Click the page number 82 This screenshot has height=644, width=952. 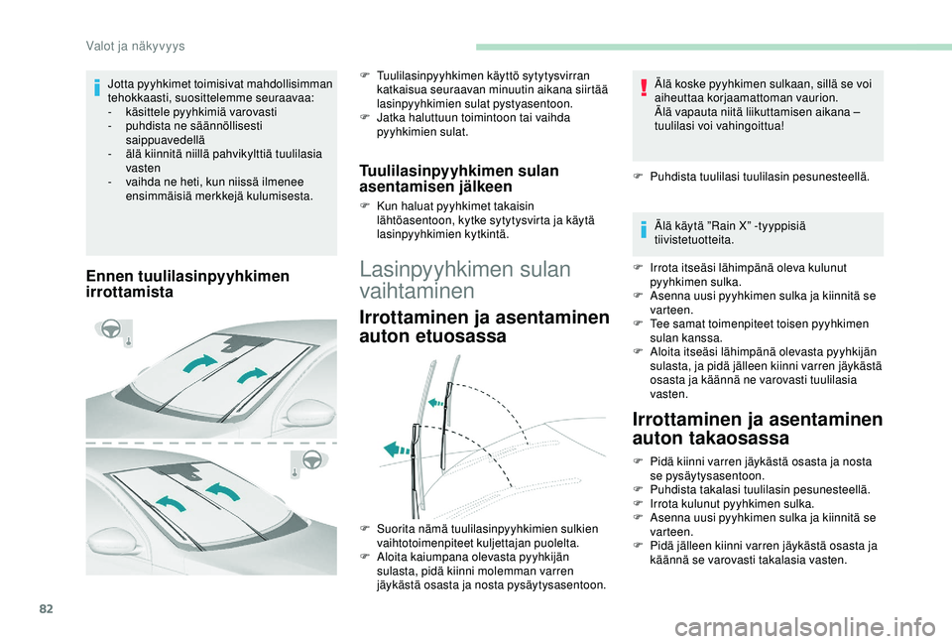[x=47, y=608]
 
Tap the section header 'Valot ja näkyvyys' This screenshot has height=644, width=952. [x=136, y=47]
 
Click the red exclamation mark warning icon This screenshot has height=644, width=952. [x=644, y=88]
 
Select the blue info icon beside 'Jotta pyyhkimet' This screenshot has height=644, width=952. [x=96, y=88]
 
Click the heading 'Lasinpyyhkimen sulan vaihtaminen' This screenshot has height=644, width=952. [x=465, y=280]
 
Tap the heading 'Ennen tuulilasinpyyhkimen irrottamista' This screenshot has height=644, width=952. [x=187, y=284]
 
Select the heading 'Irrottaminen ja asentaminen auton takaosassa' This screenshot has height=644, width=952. [x=757, y=429]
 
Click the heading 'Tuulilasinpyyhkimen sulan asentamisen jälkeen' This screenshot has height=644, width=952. [x=459, y=178]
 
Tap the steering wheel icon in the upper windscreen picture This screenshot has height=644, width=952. [x=110, y=328]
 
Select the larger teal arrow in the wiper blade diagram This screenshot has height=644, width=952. [x=398, y=450]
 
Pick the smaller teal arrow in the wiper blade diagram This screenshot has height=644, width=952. [x=436, y=402]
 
